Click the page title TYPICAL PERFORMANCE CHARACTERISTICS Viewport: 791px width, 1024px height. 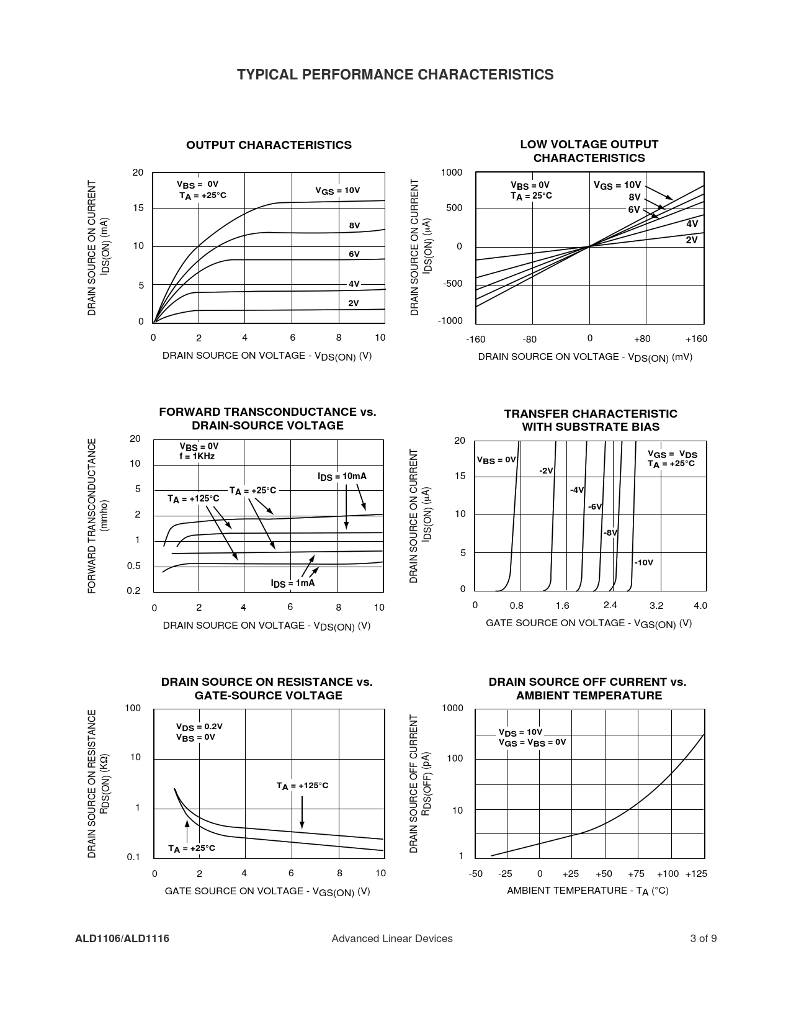[395, 75]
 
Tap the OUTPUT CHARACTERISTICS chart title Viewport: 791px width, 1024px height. [269, 145]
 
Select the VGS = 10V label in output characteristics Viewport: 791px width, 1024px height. [337, 191]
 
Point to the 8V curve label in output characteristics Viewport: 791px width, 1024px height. [354, 226]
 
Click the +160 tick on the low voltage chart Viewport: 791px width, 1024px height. [696, 339]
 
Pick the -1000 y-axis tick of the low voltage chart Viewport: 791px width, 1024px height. [450, 321]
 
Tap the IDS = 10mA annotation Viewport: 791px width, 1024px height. [342, 477]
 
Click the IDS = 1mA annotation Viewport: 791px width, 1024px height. [292, 583]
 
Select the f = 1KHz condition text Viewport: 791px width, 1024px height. [197, 456]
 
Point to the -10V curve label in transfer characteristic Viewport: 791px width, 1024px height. [643, 562]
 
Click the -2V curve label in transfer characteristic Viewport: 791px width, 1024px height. [546, 471]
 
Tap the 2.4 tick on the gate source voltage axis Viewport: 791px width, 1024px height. [610, 606]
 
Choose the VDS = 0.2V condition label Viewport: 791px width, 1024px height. [199, 727]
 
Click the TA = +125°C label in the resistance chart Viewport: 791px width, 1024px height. [302, 786]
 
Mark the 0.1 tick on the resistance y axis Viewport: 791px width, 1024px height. [133, 857]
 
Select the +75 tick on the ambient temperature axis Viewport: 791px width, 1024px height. [636, 874]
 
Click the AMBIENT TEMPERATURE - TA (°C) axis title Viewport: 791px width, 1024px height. [588, 891]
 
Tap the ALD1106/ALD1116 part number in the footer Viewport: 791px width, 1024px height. [122, 938]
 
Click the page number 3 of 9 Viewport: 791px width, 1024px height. [704, 938]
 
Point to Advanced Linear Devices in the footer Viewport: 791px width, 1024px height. [392, 938]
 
